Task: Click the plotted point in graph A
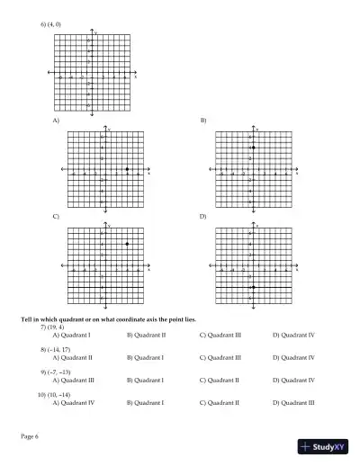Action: (127, 169)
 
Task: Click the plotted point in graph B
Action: (254, 148)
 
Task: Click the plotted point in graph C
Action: (127, 244)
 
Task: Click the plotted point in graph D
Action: (254, 287)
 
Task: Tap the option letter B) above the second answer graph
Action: (202, 120)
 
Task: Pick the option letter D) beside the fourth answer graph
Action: (202, 217)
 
